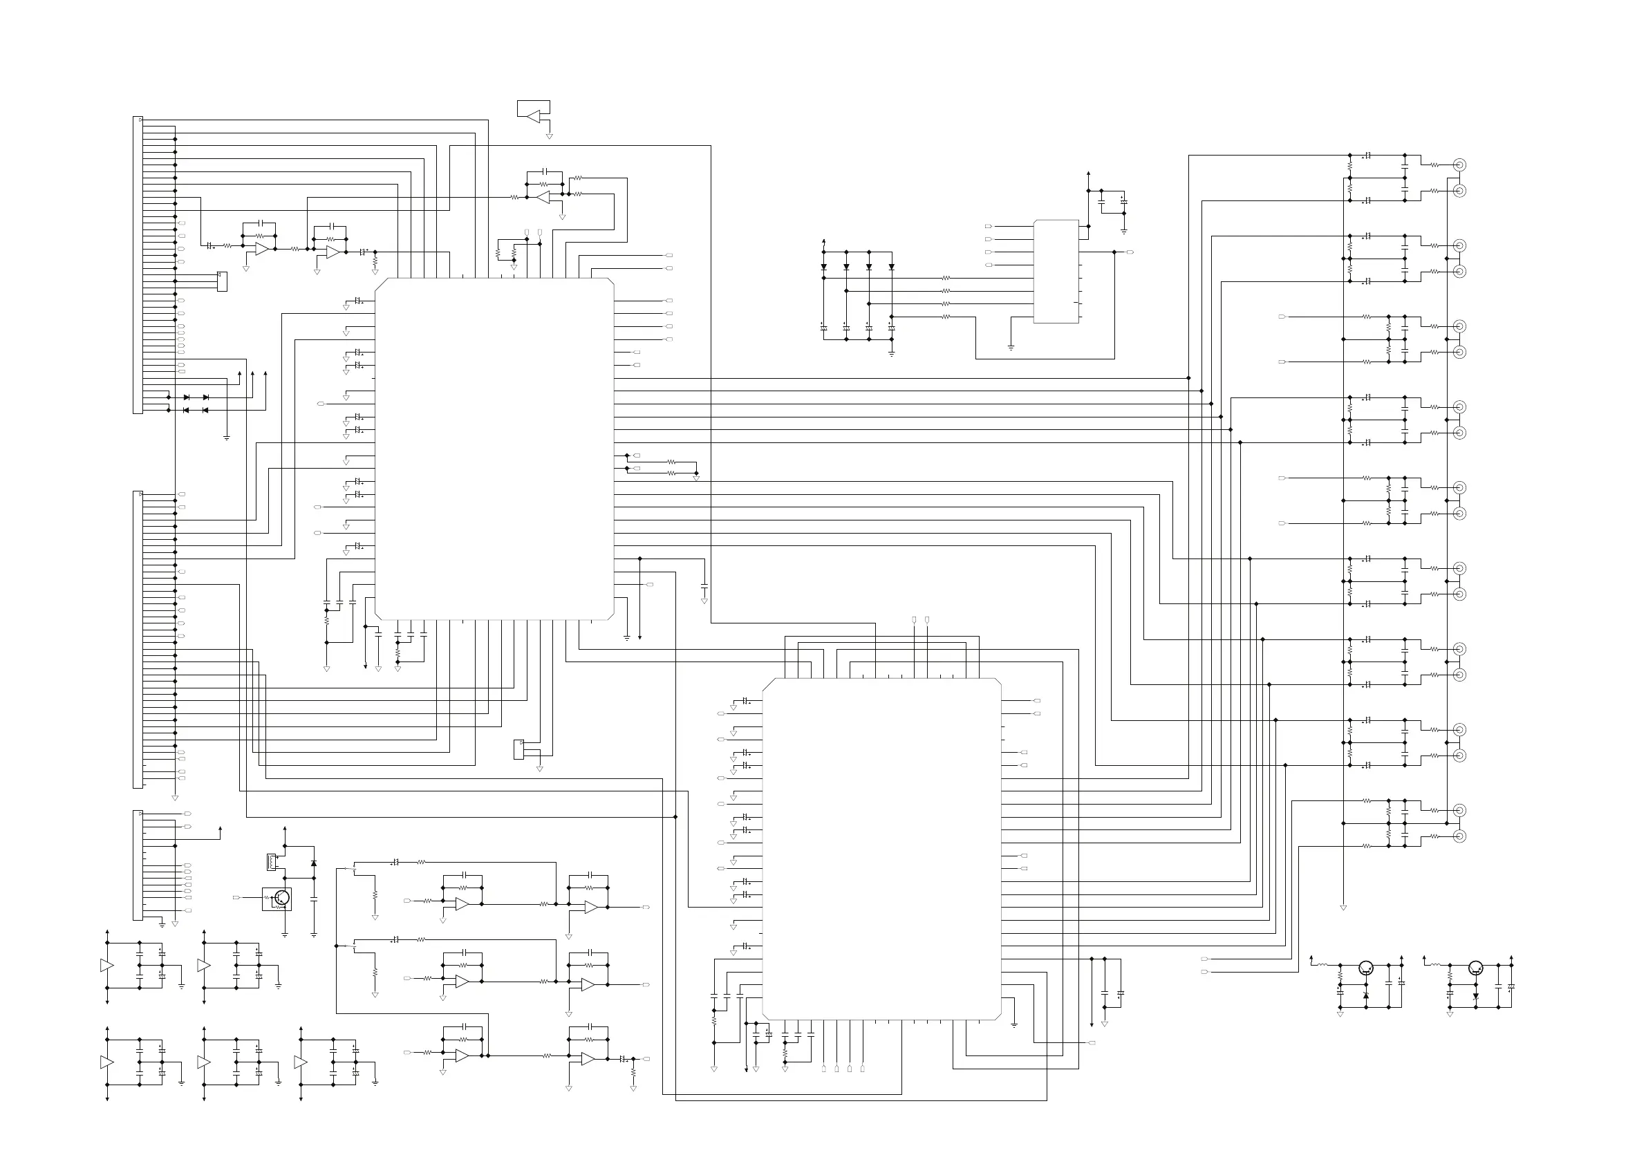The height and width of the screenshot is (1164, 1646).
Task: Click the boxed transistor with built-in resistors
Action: click(277, 898)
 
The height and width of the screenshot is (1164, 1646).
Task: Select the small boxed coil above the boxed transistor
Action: click(272, 861)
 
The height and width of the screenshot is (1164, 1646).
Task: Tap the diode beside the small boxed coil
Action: click(313, 864)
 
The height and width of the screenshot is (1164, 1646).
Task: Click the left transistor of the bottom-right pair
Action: click(1366, 968)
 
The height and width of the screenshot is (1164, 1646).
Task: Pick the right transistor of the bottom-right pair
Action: click(1475, 968)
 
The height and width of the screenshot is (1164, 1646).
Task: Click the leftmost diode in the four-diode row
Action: click(824, 267)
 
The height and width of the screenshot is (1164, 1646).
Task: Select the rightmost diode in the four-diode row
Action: click(892, 267)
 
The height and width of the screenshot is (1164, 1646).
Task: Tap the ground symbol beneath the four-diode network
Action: click(892, 353)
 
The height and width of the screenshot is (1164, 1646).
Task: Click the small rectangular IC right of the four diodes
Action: click(1056, 272)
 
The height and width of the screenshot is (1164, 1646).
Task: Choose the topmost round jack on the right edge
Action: click(1459, 165)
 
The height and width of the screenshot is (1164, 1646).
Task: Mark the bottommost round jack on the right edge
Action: click(1459, 836)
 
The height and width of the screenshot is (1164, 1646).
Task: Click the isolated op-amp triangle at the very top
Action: click(534, 115)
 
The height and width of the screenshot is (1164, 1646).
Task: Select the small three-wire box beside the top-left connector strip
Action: click(222, 282)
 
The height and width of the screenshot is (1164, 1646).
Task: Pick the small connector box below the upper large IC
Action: click(519, 750)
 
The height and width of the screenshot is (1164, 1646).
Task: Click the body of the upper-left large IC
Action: click(494, 449)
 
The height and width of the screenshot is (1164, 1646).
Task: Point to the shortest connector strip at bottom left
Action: click(138, 865)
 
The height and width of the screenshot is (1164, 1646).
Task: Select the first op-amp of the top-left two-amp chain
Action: click(263, 249)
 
